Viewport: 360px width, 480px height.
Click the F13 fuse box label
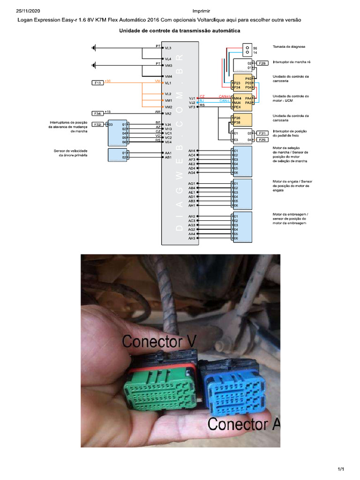pyautogui.click(x=97, y=83)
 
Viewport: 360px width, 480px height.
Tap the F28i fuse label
pyautogui.click(x=263, y=63)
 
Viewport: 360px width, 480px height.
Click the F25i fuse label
pyautogui.click(x=263, y=140)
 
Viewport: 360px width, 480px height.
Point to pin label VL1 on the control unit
pyautogui.click(x=168, y=83)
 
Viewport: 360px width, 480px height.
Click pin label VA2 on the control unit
pyautogui.click(x=168, y=113)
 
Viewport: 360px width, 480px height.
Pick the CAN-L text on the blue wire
pyautogui.click(x=225, y=101)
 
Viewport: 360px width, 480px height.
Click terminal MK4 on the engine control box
pyautogui.click(x=237, y=97)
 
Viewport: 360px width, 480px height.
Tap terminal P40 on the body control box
pyautogui.click(x=249, y=78)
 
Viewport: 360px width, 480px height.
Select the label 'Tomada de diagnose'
pyautogui.click(x=289, y=47)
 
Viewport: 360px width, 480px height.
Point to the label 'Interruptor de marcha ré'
pyautogui.click(x=291, y=62)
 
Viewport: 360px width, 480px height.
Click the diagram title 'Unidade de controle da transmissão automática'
pyautogui.click(x=180, y=30)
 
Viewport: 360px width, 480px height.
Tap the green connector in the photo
pyautogui.click(x=159, y=389)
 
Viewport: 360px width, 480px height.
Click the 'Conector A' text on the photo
pyautogui.click(x=244, y=424)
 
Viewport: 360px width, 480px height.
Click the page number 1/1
pyautogui.click(x=341, y=469)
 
